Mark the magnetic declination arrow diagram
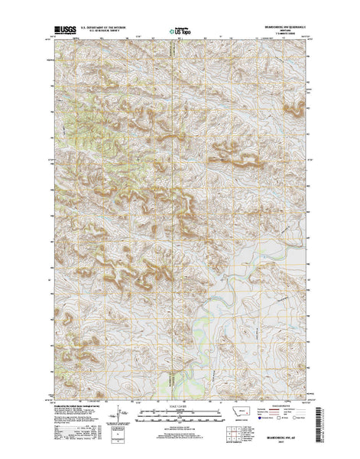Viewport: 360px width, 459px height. [112, 413]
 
